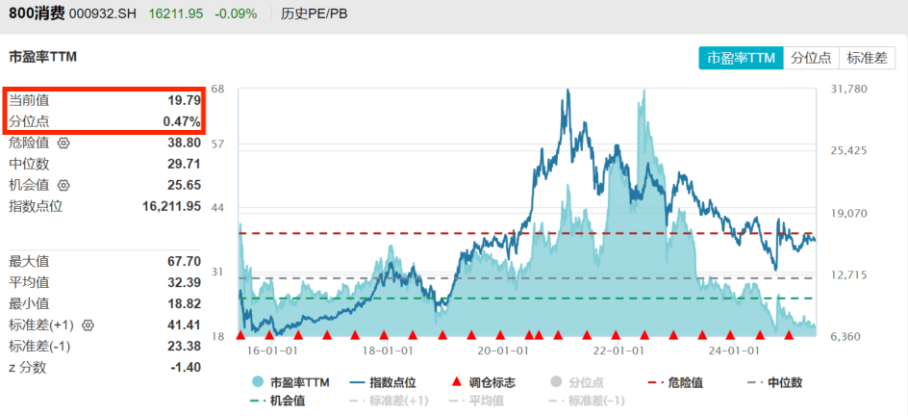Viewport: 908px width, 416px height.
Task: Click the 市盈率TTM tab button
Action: [741, 58]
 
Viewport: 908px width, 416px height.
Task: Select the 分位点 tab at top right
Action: [811, 58]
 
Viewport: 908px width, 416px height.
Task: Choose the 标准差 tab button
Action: [867, 58]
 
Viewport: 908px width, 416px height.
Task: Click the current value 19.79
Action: [185, 100]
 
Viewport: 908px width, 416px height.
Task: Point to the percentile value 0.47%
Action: [182, 121]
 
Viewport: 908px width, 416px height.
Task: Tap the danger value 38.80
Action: [185, 143]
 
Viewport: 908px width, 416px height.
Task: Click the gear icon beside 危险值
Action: [63, 143]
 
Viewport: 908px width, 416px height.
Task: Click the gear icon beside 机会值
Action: [63, 185]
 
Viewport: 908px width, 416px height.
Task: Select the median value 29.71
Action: [185, 164]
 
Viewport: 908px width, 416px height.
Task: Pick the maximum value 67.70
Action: [185, 261]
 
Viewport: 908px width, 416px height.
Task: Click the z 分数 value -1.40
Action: [185, 367]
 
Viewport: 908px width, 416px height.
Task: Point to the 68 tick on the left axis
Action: [218, 90]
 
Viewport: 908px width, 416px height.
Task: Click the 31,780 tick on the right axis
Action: [847, 90]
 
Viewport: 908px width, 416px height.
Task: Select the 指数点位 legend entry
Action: [383, 382]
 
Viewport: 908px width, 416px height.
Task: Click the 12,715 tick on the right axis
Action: [847, 275]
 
